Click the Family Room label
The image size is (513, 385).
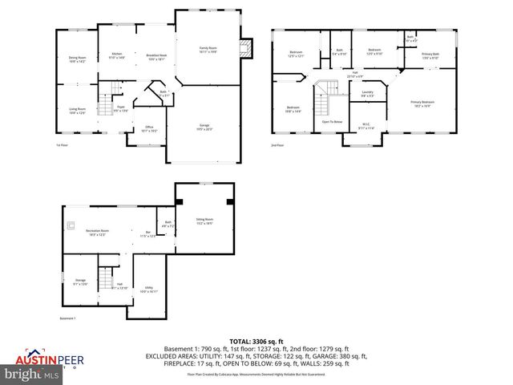208,50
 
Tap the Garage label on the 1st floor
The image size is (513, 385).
205,127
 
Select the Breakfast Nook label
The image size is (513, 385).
156,57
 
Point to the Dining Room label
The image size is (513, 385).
77,59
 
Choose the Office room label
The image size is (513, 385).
149,128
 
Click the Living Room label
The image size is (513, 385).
77,111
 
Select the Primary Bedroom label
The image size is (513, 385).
422,103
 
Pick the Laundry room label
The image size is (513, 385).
368,94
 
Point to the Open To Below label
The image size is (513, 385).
332,122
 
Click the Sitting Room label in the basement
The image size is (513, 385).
205,221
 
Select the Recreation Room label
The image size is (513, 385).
97,232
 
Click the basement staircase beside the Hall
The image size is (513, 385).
104,278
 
